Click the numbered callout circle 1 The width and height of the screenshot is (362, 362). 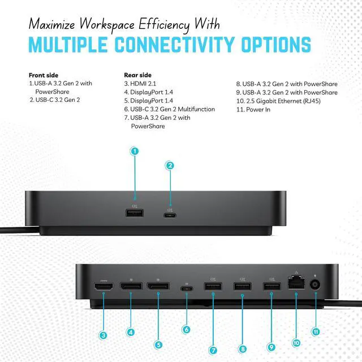[135, 151]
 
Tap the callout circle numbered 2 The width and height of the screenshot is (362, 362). [170, 166]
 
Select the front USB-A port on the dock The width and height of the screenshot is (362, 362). [135, 213]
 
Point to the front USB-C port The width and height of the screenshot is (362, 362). [170, 216]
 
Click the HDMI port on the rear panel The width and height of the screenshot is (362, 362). [104, 287]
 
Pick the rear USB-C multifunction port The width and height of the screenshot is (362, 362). [187, 288]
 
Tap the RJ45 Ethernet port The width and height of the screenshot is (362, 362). [296, 282]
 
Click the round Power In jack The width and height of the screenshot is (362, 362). [315, 285]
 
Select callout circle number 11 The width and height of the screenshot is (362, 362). [316, 332]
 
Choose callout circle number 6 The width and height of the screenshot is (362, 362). [186, 329]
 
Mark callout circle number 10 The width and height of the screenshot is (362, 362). [296, 343]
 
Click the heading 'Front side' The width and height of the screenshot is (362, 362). [44, 75]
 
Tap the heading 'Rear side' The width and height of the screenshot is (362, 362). [138, 75]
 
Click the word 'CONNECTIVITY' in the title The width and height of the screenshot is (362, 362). [175, 45]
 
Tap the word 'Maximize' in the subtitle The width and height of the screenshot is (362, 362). [51, 24]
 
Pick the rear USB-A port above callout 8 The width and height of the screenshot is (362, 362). [243, 286]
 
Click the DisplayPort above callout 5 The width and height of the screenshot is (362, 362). [158, 286]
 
